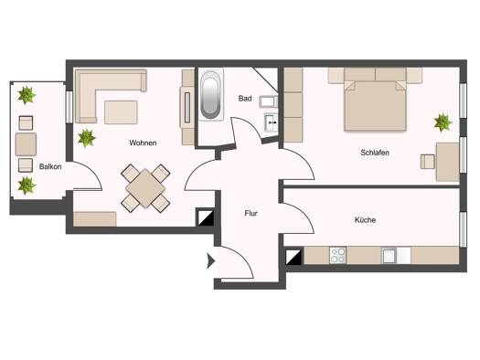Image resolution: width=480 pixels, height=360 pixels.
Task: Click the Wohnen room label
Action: pyautogui.click(x=143, y=143)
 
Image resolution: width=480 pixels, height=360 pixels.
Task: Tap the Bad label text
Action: pyautogui.click(x=245, y=99)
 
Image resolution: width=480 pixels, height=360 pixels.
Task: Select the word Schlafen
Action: pyautogui.click(x=375, y=153)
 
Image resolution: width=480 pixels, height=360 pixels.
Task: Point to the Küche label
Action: pyautogui.click(x=365, y=219)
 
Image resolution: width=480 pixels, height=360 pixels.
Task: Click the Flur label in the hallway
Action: pyautogui.click(x=251, y=213)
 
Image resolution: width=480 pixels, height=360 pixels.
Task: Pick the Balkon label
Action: pyautogui.click(x=50, y=166)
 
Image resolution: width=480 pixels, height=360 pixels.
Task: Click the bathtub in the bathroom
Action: pyautogui.click(x=210, y=95)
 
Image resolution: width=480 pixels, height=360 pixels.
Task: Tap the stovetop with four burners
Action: pyautogui.click(x=338, y=256)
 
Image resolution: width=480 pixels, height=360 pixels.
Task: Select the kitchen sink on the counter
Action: pyautogui.click(x=389, y=256)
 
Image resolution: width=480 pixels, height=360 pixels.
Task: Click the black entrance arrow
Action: pyautogui.click(x=210, y=261)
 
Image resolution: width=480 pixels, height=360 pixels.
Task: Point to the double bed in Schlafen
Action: pyautogui.click(x=375, y=101)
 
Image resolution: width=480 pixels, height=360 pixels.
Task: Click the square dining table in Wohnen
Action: pyautogui.click(x=145, y=188)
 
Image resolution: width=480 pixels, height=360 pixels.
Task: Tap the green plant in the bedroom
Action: pyautogui.click(x=443, y=122)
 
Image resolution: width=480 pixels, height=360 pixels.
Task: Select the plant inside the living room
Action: pyautogui.click(x=86, y=138)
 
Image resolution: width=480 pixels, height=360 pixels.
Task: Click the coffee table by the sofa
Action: pyautogui.click(x=121, y=112)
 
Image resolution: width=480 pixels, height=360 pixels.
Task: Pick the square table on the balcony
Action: pyautogui.click(x=26, y=144)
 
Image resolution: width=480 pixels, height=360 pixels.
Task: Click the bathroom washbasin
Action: pyautogui.click(x=271, y=122)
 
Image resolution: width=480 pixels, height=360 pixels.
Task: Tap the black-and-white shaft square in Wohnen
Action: pyautogui.click(x=205, y=217)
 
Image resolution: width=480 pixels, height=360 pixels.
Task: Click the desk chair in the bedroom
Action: pyautogui.click(x=427, y=162)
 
